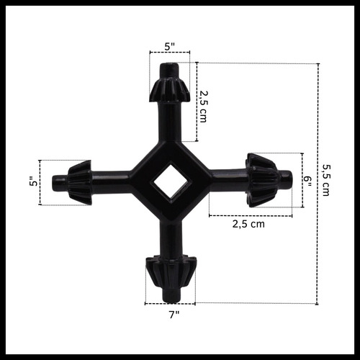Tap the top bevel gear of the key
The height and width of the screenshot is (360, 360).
click(x=170, y=89)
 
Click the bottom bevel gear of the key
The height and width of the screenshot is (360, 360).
click(x=170, y=271)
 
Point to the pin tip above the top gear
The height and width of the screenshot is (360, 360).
click(x=170, y=69)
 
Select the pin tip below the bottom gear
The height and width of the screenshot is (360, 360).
click(x=170, y=294)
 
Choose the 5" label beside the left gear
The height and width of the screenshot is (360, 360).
click(x=33, y=183)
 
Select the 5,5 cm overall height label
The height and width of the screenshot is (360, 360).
click(x=325, y=180)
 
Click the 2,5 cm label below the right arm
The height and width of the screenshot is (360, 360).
click(x=248, y=224)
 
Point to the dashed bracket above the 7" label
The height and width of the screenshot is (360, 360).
click(x=170, y=303)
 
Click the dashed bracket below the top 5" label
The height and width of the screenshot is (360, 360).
click(x=170, y=53)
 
